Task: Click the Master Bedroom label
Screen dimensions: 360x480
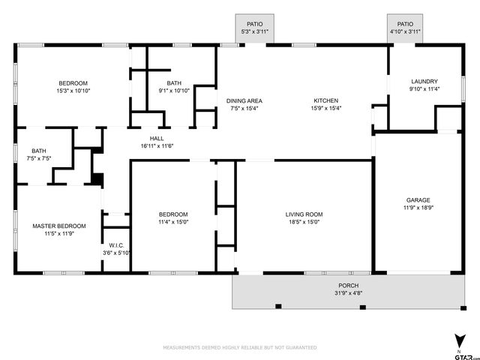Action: click(x=58, y=226)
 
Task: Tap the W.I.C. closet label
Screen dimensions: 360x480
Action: click(x=116, y=245)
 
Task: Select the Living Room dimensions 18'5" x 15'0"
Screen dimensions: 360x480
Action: click(x=303, y=222)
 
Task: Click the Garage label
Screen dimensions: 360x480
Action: click(x=418, y=200)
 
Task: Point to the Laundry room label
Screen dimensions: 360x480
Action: click(x=424, y=82)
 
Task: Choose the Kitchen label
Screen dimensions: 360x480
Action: click(x=325, y=100)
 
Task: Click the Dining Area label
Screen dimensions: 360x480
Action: click(x=244, y=100)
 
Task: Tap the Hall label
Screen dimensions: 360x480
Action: click(x=157, y=138)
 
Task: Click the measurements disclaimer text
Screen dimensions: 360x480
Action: click(x=240, y=347)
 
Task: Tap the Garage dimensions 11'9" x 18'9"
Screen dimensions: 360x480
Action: click(x=418, y=208)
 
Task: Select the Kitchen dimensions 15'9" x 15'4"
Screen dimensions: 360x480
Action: click(x=325, y=108)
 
